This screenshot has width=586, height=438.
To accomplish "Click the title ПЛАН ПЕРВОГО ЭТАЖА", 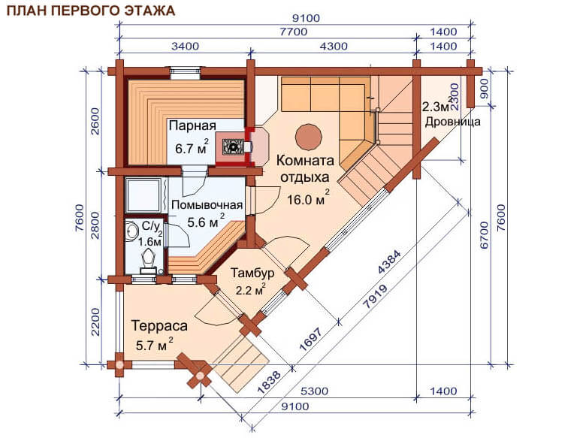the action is coord(91,11).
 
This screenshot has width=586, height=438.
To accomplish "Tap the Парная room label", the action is coord(192,125).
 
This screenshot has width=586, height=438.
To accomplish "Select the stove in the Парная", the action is coord(232,146).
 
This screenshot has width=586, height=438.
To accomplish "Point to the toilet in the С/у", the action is coord(147,260).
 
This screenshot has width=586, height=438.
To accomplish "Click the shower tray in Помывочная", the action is coord(144,195).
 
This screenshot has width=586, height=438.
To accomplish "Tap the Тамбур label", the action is coord(252,273).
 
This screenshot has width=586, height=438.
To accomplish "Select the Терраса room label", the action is coord(159,325).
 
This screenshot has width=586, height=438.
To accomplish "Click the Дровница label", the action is coord(452,122).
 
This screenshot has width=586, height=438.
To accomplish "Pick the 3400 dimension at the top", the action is coord(185,47).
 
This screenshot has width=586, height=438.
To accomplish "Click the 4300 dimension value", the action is coord(334,47).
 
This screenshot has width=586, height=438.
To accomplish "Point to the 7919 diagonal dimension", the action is coord(375,297).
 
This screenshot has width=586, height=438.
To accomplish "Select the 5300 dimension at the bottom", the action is coord(314,391).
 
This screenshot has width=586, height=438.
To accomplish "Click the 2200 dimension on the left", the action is coord(95,322).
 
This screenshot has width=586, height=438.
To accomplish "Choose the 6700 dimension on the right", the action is coord(484,235).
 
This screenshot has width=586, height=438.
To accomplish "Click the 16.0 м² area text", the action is coord(308,198).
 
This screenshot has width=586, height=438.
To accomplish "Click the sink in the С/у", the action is coord(132,231).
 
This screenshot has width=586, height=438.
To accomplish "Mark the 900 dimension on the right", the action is coord(484,89).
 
